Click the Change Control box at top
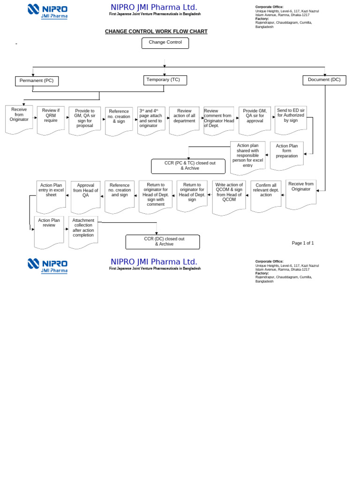[x=165, y=43]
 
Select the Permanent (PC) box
[x=37, y=81]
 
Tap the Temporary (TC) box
[x=165, y=80]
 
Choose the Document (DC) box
[x=324, y=80]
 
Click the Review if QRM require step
[x=51, y=118]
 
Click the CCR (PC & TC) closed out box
[x=188, y=166]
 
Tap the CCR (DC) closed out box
[x=163, y=242]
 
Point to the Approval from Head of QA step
[x=86, y=193]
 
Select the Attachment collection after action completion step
[x=83, y=231]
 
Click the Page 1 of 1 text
[x=303, y=243]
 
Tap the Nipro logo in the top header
[x=47, y=12]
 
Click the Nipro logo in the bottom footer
[x=47, y=266]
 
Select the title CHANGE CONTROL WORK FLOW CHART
[x=156, y=32]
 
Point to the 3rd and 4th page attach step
[x=151, y=120]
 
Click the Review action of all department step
[x=184, y=119]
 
